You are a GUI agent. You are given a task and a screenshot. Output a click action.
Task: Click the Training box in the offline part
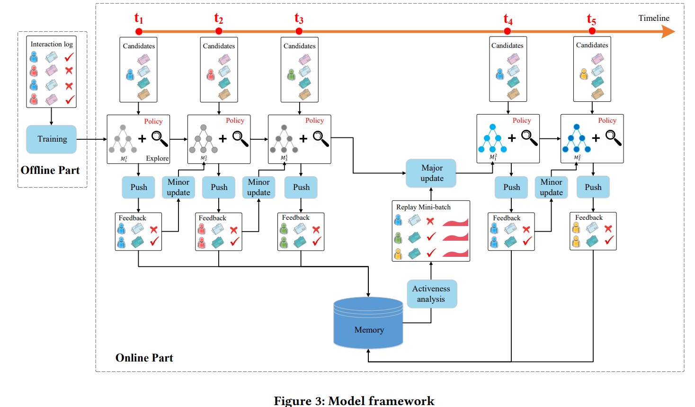pyautogui.click(x=52, y=139)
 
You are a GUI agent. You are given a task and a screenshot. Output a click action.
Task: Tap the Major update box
pyautogui.click(x=432, y=173)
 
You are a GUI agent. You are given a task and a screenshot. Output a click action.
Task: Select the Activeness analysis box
pyautogui.click(x=431, y=294)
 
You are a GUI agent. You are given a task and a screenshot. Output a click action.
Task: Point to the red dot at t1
pyautogui.click(x=139, y=31)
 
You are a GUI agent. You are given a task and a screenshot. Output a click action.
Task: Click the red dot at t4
pyautogui.click(x=508, y=31)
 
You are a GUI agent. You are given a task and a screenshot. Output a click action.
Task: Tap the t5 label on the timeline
pyautogui.click(x=591, y=19)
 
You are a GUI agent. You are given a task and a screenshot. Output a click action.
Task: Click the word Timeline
pyautogui.click(x=653, y=18)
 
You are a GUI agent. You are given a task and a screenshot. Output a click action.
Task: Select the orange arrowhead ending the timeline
pyautogui.click(x=668, y=32)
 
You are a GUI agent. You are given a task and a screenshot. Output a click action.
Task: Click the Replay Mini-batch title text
pyautogui.click(x=423, y=207)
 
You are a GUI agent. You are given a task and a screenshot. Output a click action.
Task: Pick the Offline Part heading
pyautogui.click(x=50, y=171)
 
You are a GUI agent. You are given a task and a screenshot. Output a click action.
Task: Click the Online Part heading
pyautogui.click(x=144, y=358)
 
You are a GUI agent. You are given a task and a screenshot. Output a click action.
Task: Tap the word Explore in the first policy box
pyautogui.click(x=157, y=158)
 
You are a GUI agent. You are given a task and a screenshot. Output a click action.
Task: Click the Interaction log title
pyautogui.click(x=52, y=44)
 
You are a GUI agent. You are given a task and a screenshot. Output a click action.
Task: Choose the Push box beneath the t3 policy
pyautogui.click(x=301, y=188)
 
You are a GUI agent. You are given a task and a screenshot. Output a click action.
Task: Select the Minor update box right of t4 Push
pyautogui.click(x=551, y=188)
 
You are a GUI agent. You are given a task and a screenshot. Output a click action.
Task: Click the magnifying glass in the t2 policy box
pyautogui.click(x=240, y=139)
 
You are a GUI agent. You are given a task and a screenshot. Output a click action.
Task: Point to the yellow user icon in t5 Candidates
pyautogui.click(x=584, y=74)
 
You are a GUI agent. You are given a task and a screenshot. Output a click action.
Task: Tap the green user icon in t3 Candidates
pyautogui.click(x=291, y=75)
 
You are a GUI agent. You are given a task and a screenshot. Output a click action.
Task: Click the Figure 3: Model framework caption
pyautogui.click(x=354, y=401)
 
